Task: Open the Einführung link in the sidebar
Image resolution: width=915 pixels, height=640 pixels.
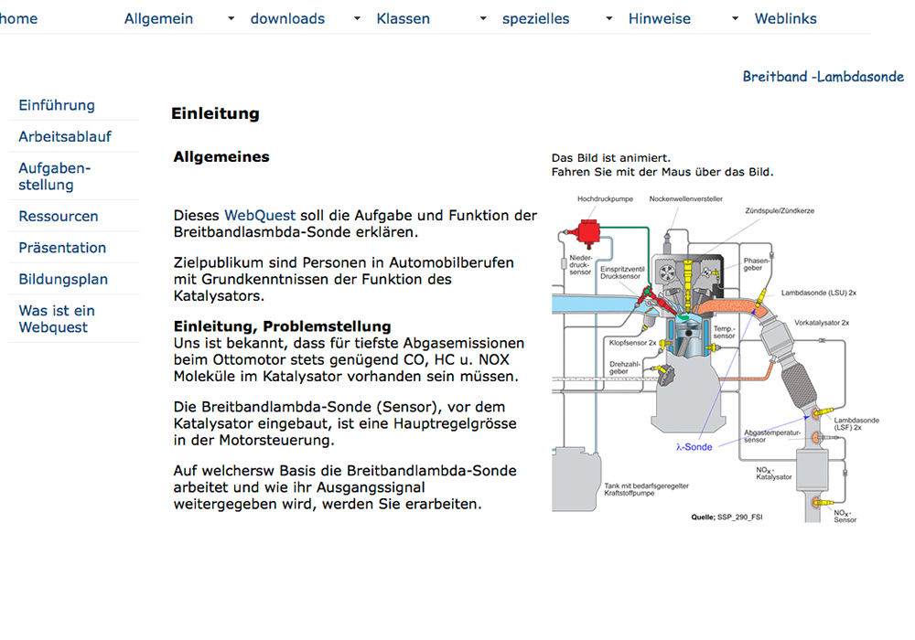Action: pyautogui.click(x=57, y=105)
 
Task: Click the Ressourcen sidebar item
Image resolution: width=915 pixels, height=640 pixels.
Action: pyautogui.click(x=59, y=217)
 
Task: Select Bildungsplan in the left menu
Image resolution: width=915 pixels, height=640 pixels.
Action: pyautogui.click(x=63, y=279)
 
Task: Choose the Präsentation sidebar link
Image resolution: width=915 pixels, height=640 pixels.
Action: pyautogui.click(x=62, y=248)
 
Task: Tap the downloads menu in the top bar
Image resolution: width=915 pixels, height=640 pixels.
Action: pyautogui.click(x=287, y=18)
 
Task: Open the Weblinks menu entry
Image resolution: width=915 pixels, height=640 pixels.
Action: pyautogui.click(x=785, y=18)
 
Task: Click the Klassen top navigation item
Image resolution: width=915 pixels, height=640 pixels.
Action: pyautogui.click(x=403, y=18)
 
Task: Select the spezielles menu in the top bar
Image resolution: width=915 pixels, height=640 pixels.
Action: pyautogui.click(x=535, y=18)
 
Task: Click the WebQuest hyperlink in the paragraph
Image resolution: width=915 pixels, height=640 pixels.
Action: pyautogui.click(x=260, y=216)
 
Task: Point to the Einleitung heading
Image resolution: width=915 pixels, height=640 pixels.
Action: pyautogui.click(x=215, y=114)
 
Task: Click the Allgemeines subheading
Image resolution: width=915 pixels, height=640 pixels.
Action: pyautogui.click(x=221, y=157)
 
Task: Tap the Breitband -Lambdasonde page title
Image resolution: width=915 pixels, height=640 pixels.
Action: pyautogui.click(x=823, y=77)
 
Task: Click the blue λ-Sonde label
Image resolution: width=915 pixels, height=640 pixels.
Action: pyautogui.click(x=694, y=447)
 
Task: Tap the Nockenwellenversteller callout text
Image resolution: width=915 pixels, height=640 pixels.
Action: pyautogui.click(x=685, y=197)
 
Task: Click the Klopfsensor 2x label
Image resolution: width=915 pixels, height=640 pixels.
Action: pyautogui.click(x=632, y=342)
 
